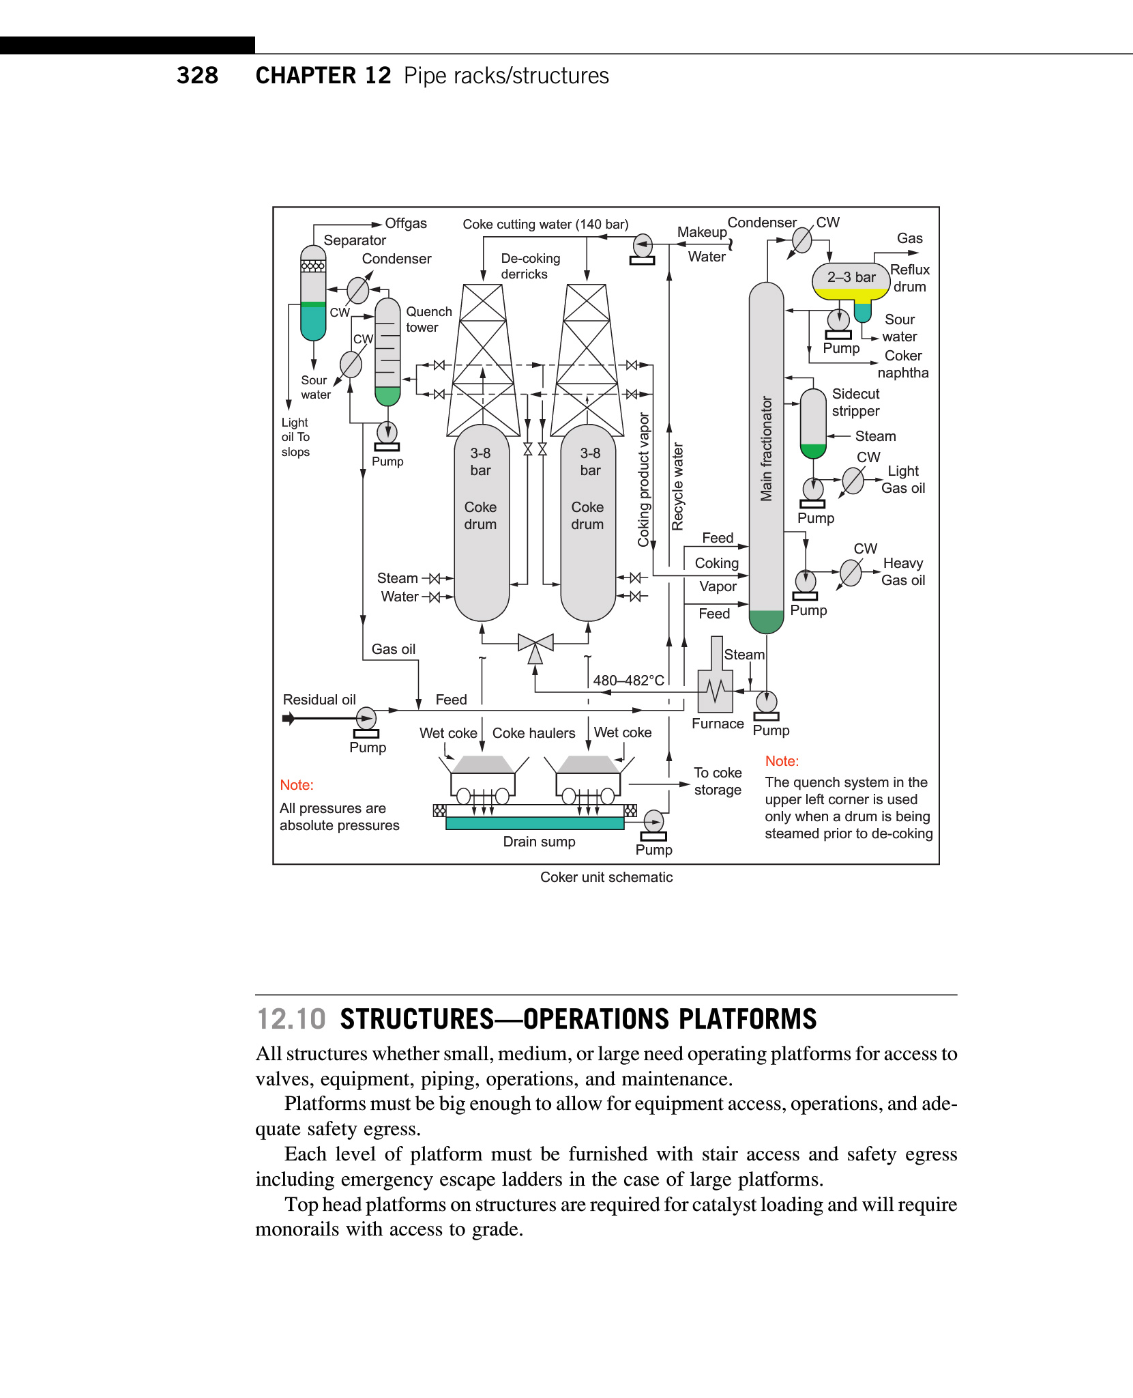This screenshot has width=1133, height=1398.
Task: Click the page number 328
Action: point(197,75)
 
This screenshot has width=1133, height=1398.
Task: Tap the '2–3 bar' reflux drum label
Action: point(851,277)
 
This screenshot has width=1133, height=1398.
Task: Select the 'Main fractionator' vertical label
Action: point(767,448)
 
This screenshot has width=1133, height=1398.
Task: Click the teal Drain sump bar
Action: point(534,823)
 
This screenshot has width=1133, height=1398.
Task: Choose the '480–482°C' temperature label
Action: point(628,681)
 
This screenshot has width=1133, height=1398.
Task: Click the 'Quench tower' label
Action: point(428,319)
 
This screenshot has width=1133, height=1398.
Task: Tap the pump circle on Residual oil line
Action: point(366,718)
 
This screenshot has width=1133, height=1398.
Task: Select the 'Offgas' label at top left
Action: point(406,223)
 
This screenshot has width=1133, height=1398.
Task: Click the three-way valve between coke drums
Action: point(535,644)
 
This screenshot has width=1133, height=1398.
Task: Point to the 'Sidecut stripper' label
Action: point(855,402)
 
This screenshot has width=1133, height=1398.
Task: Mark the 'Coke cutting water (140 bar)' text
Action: point(545,225)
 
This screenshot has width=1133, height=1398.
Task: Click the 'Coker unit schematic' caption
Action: point(606,877)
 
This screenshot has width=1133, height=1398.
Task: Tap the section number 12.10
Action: point(291,1019)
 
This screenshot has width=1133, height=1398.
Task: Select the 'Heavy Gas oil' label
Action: point(902,571)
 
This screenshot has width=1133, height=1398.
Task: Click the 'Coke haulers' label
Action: point(533,733)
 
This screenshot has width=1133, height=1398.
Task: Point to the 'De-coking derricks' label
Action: point(530,266)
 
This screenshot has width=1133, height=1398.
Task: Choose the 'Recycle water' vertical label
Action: point(677,486)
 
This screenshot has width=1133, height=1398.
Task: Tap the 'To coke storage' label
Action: point(718,781)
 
